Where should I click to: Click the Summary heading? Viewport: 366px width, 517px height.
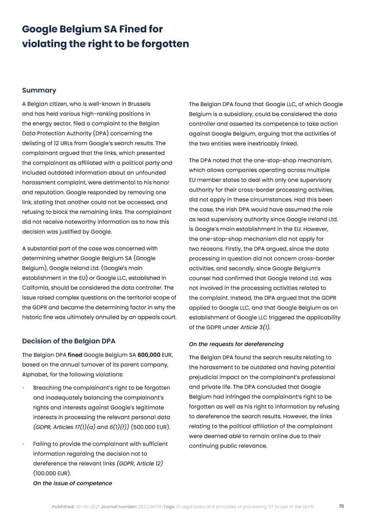point(39,90)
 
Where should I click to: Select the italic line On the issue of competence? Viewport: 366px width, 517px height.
point(72,483)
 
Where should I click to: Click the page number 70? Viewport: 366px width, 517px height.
point(340,505)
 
